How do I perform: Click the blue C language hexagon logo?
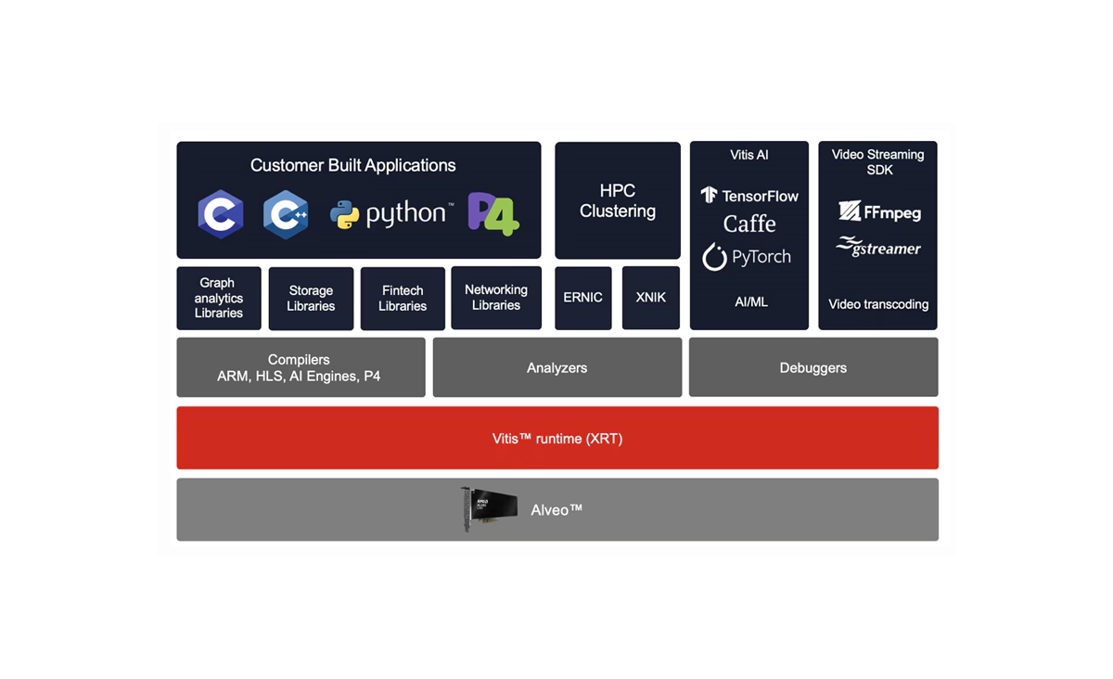coord(221,214)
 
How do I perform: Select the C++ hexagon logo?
coord(286,214)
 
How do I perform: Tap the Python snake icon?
coord(344,215)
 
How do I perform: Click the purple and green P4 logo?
coord(493,214)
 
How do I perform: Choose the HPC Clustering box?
coord(618,200)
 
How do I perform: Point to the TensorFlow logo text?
coord(749,196)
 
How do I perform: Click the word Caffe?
coord(749,224)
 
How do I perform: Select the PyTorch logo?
coord(748,257)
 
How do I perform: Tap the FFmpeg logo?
coord(879,212)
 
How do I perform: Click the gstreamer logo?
coord(878,248)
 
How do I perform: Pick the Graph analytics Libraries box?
coord(219,298)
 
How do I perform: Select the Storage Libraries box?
coord(311,298)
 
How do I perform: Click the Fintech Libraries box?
coord(403,298)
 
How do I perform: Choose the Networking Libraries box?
coord(496,298)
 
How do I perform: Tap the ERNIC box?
coord(583,298)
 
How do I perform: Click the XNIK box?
coord(651,298)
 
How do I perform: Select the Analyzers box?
coord(557,367)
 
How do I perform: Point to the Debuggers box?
coord(813,367)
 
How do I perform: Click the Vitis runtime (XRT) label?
coord(557,439)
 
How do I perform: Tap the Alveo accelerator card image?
coord(490,509)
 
